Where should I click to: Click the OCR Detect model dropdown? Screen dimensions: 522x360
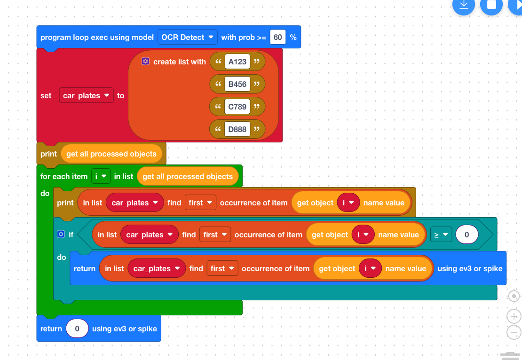[x=188, y=37]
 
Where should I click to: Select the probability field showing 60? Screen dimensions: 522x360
[x=277, y=37]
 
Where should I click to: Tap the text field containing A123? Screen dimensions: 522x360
[x=237, y=62]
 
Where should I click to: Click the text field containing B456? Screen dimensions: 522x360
[x=237, y=84]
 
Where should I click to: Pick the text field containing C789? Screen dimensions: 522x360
[x=237, y=107]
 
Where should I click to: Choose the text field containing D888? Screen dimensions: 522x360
[x=237, y=129]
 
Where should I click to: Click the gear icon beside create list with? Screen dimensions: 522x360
[x=145, y=61]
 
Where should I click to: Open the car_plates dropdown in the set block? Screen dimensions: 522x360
[x=86, y=95]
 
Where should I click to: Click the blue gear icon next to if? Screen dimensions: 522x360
[x=61, y=234]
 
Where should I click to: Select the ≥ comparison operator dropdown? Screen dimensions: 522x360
[x=441, y=235]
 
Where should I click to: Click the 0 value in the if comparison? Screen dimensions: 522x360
[x=467, y=235]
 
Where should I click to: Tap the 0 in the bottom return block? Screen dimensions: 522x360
[x=77, y=329]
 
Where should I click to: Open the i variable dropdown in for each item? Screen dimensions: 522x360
[x=101, y=176]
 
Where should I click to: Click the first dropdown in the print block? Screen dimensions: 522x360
[x=200, y=203]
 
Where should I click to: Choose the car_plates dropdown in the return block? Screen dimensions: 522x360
[x=157, y=268]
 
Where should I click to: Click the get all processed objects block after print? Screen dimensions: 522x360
[x=111, y=154]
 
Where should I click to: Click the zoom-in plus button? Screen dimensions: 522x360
[x=514, y=316]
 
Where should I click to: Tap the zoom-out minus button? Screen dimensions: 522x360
[x=514, y=332]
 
